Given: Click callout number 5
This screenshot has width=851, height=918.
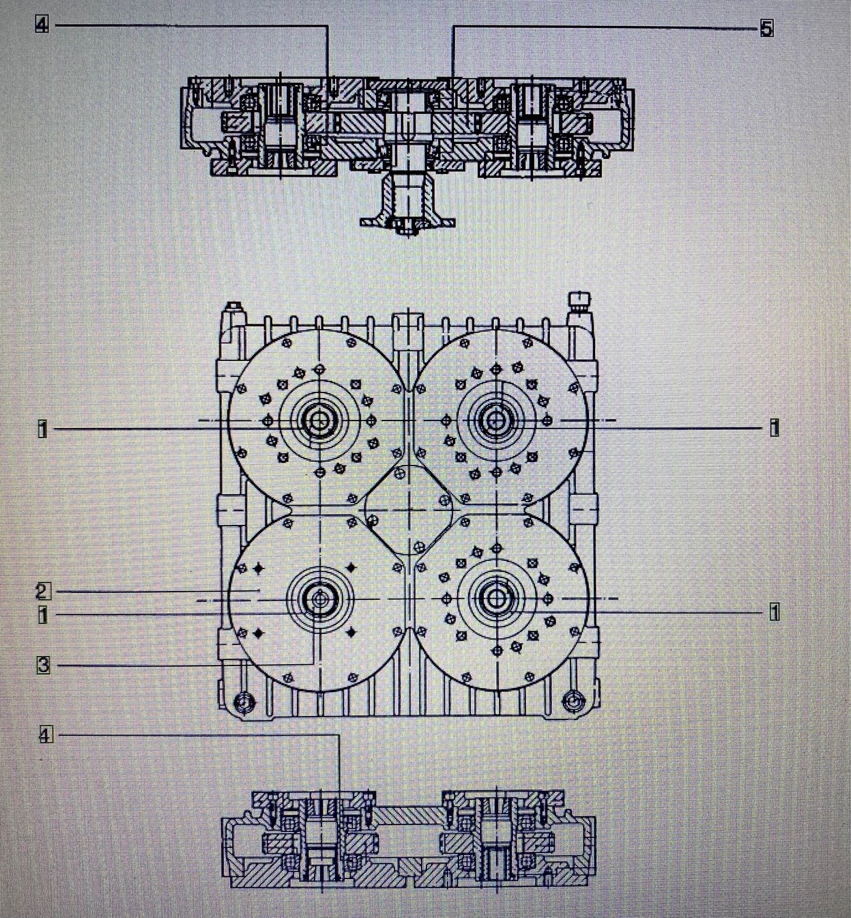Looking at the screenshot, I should tap(766, 29).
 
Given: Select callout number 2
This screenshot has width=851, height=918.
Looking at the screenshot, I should tap(42, 591).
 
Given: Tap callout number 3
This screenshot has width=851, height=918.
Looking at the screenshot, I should tap(43, 664).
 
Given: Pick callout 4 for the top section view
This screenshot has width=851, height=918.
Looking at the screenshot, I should tap(42, 25).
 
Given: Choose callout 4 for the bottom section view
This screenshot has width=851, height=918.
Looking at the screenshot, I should tap(44, 735).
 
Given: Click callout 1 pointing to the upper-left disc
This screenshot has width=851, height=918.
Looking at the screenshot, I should tap(42, 429).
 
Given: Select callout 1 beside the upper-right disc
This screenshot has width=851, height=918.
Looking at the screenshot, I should tap(774, 428).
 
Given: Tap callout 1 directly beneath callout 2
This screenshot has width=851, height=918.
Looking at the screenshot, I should tap(42, 614).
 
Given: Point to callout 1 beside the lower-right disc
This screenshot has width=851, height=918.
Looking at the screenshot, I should tap(774, 612).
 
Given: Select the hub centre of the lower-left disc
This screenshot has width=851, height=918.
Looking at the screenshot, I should tap(319, 599).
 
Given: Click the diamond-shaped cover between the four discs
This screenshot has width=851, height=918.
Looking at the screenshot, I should tap(409, 509).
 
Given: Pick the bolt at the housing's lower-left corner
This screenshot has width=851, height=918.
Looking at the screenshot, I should tap(242, 701).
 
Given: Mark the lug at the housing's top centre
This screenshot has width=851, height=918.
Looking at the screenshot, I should tap(408, 324).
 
